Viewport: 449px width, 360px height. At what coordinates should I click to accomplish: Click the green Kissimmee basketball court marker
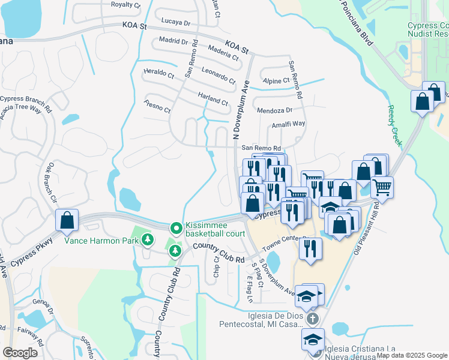176,228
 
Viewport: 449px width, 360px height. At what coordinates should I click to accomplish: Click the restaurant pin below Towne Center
310,249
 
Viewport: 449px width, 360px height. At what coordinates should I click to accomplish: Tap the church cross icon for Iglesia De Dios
312,319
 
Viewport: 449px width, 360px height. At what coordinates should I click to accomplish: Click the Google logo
20,353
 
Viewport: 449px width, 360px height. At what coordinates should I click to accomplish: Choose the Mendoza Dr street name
274,110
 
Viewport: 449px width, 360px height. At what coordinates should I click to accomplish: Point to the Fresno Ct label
157,106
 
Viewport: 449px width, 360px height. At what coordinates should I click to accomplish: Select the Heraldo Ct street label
158,74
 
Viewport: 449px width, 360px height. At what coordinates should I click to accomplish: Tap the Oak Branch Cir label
52,182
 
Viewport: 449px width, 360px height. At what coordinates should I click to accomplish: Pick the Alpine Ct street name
276,80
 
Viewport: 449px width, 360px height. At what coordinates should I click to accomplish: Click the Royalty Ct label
125,4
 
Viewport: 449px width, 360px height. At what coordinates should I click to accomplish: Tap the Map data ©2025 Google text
411,355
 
